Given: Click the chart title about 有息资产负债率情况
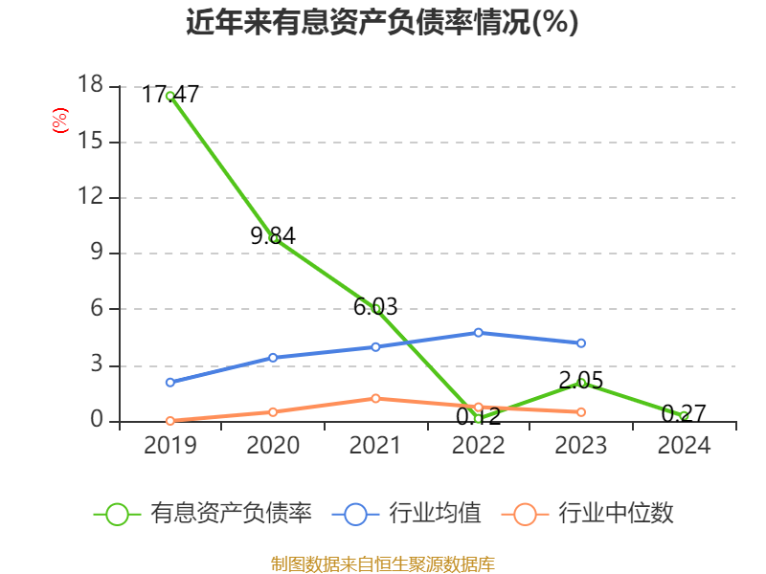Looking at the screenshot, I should [x=382, y=22].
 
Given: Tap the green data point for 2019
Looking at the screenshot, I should [x=169, y=96].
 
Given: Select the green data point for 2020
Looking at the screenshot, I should [x=274, y=238].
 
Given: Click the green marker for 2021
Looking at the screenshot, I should [x=376, y=308].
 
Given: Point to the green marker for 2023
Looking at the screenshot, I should [x=581, y=383].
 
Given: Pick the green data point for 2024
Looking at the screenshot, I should [x=684, y=416].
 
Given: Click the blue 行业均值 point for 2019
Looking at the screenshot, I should [x=169, y=382].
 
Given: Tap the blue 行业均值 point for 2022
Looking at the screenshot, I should [x=478, y=332].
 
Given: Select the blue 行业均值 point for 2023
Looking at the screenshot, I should [x=581, y=342].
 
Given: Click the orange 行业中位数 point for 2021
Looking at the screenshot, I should [x=375, y=398].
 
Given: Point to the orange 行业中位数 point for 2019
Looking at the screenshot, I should [x=169, y=420].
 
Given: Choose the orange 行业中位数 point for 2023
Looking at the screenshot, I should [x=581, y=411].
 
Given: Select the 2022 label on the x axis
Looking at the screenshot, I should [x=478, y=446].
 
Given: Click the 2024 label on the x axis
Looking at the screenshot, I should [x=684, y=446].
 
